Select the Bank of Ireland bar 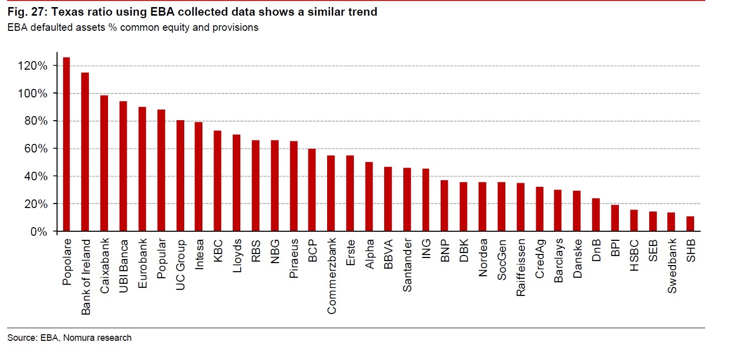[x=85, y=152]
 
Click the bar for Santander [x=407, y=199]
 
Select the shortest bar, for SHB [x=691, y=224]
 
